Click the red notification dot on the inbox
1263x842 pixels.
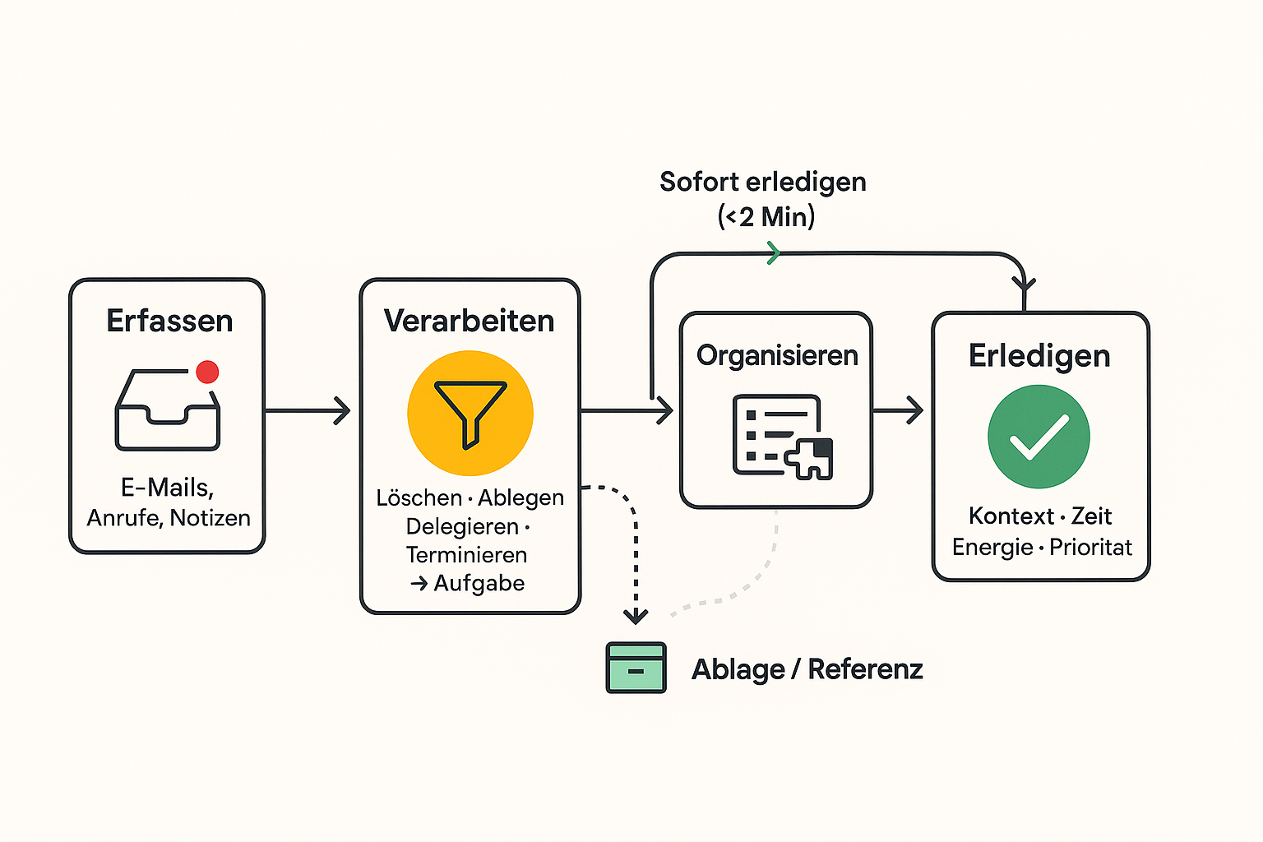[207, 372]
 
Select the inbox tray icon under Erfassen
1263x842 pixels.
[168, 411]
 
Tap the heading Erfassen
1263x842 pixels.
[169, 321]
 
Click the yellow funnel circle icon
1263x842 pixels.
[470, 413]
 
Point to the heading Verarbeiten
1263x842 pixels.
[469, 321]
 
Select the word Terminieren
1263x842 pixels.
[466, 554]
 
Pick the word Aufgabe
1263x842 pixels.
[479, 583]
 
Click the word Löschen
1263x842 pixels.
[419, 497]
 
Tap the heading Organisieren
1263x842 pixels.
[777, 355]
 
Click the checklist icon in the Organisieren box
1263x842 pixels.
[782, 437]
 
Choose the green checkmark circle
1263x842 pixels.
[1039, 437]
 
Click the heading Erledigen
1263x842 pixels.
[1039, 356]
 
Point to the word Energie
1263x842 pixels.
[992, 548]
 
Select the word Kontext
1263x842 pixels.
[1011, 516]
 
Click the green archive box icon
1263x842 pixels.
[636, 668]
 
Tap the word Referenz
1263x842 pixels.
[865, 669]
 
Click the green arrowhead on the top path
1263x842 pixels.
[773, 253]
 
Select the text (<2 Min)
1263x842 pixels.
[766, 217]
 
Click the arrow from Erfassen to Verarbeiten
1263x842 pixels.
[308, 410]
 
